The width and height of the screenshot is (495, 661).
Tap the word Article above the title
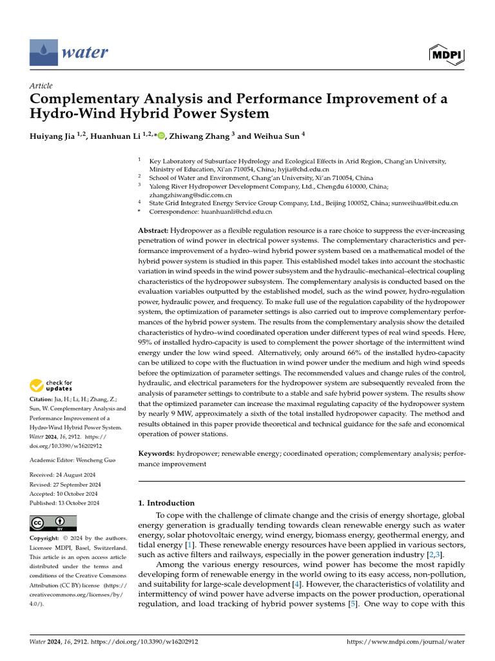(x=41, y=86)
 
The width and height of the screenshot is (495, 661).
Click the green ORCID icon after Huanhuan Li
(x=161, y=136)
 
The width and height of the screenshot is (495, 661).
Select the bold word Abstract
(x=153, y=230)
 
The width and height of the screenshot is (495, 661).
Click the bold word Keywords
(x=157, y=454)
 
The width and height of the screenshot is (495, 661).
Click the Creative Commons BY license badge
(x=53, y=523)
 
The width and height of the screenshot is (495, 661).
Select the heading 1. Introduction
(x=167, y=503)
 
